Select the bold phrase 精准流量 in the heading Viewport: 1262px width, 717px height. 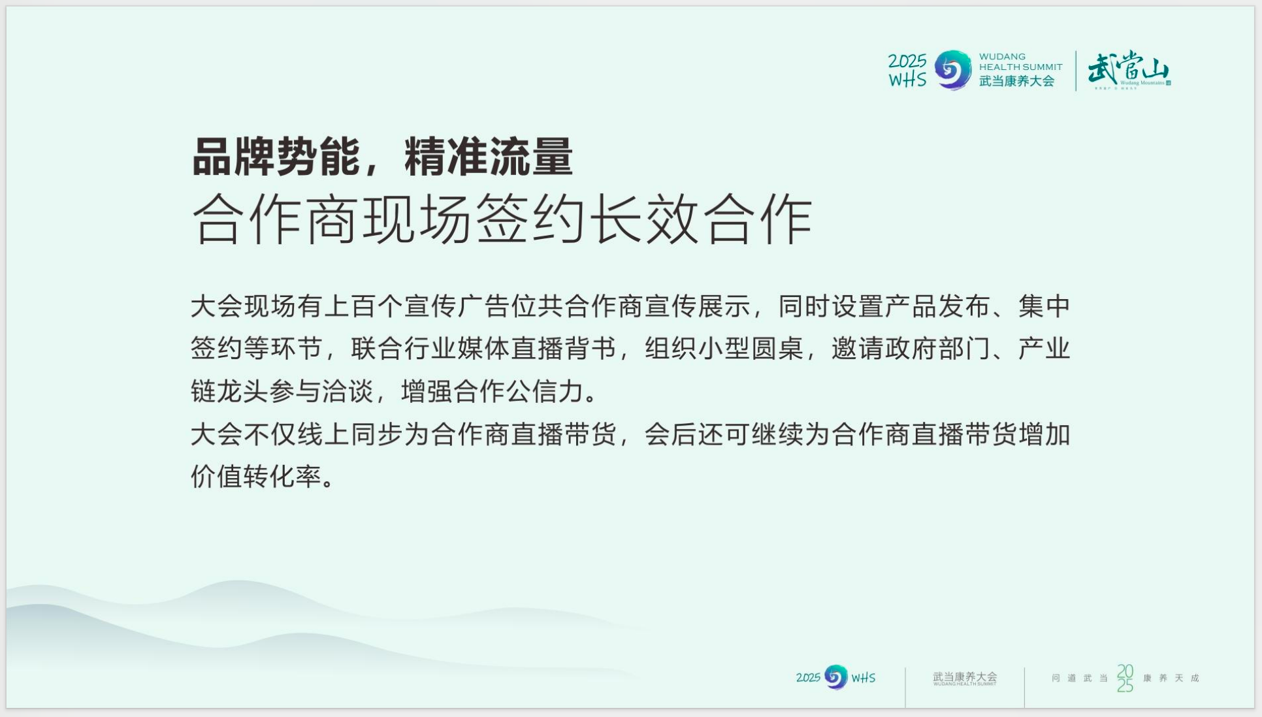click(x=489, y=157)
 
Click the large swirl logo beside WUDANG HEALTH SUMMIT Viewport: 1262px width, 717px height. click(x=953, y=70)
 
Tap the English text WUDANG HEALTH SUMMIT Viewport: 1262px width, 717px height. click(x=1020, y=61)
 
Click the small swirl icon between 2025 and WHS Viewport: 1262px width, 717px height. click(x=835, y=677)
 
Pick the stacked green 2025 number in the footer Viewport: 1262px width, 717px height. click(x=1125, y=678)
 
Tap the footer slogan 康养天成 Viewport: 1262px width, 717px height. click(x=1171, y=678)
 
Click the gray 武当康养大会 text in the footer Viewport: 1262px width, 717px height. click(x=965, y=677)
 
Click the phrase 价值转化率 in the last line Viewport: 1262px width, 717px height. click(x=257, y=476)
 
